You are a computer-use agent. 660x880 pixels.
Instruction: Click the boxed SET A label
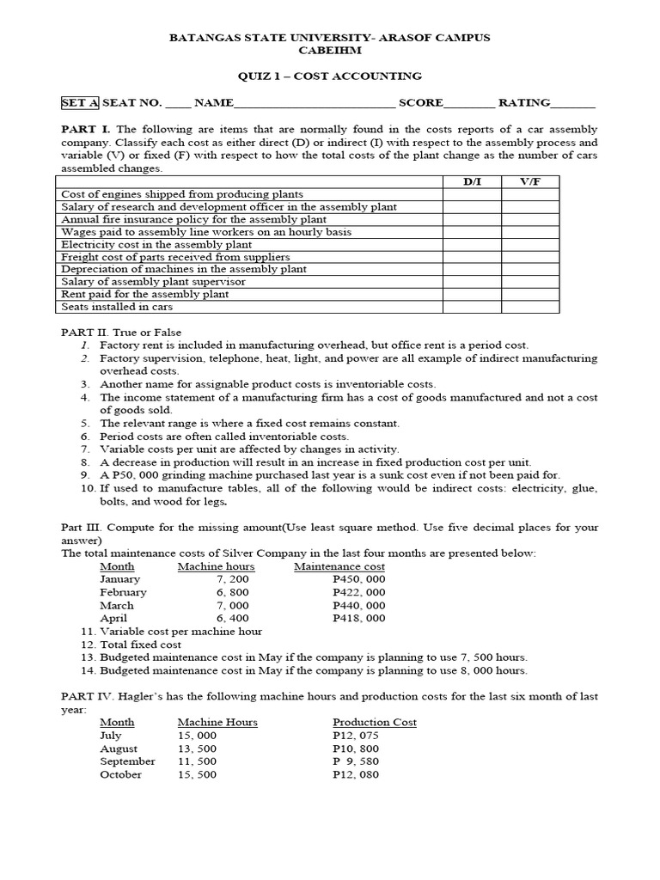(x=79, y=103)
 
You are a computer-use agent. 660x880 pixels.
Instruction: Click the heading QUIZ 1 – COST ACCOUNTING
(x=329, y=76)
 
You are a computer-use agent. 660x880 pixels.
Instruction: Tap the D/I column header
(x=472, y=182)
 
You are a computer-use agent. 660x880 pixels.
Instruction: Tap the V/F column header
(x=529, y=182)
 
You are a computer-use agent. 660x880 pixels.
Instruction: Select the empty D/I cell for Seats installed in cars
(x=472, y=307)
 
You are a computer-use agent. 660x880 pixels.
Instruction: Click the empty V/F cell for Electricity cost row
(x=529, y=244)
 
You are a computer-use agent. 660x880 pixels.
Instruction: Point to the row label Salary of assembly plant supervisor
(x=153, y=282)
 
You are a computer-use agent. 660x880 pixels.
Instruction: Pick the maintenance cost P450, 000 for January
(x=358, y=579)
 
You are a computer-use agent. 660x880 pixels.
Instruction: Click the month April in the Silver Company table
(x=113, y=618)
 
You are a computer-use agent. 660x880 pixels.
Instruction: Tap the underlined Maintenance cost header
(x=339, y=566)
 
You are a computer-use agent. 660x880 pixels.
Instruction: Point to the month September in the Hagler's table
(x=127, y=761)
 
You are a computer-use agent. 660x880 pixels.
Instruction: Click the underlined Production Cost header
(x=374, y=722)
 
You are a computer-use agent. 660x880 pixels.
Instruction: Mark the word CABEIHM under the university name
(x=329, y=50)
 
